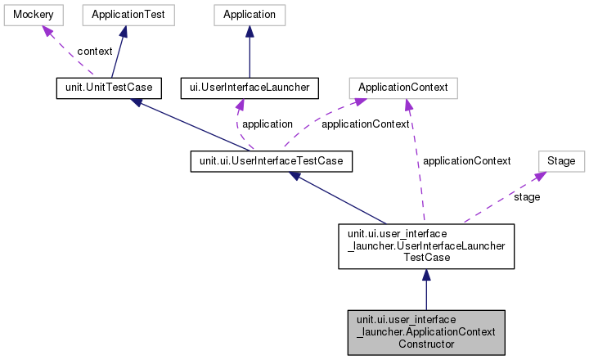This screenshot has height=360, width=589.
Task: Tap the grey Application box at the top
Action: pyautogui.click(x=249, y=15)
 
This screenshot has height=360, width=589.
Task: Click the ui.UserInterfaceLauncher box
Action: pyautogui.click(x=249, y=87)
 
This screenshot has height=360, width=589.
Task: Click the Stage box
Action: pyautogui.click(x=560, y=161)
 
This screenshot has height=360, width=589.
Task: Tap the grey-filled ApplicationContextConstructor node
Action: pyautogui.click(x=425, y=332)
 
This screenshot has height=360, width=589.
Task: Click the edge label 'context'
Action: pyautogui.click(x=95, y=51)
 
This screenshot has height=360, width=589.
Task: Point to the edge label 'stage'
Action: pyautogui.click(x=526, y=197)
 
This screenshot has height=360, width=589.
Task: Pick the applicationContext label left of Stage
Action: pyautogui.click(x=466, y=160)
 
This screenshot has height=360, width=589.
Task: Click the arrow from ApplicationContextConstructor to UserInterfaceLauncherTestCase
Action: pyautogui.click(x=425, y=290)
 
